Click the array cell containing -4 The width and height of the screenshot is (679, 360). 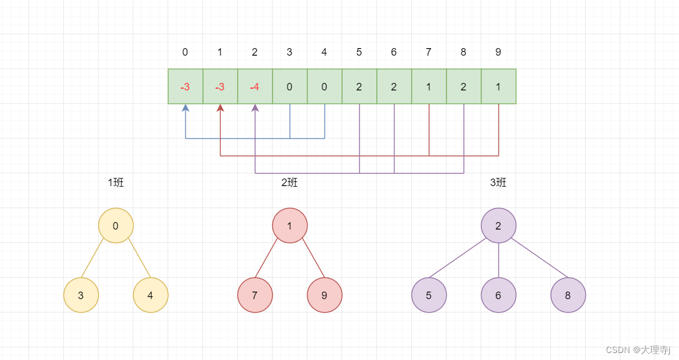click(x=255, y=87)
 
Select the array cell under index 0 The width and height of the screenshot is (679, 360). click(x=186, y=87)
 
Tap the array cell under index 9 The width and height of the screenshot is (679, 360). click(x=499, y=87)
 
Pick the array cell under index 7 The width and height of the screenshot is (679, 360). click(x=429, y=87)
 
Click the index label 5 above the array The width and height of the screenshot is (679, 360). click(x=359, y=52)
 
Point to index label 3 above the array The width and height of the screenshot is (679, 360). click(x=289, y=52)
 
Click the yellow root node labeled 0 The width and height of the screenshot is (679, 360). click(x=116, y=226)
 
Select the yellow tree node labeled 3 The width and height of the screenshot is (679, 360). click(x=81, y=295)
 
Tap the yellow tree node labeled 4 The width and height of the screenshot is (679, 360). click(x=151, y=295)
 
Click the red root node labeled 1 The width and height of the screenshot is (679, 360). click(x=290, y=226)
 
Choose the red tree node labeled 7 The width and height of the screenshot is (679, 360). click(x=255, y=295)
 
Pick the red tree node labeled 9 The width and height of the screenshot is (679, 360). click(x=325, y=295)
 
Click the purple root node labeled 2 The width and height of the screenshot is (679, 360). click(x=499, y=226)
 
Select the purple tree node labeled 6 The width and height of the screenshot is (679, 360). click(x=499, y=295)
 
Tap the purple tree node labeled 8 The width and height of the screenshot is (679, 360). click(x=568, y=295)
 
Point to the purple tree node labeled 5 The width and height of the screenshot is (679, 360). click(x=429, y=295)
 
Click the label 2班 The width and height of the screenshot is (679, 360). click(x=289, y=183)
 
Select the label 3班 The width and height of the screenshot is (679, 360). click(x=498, y=183)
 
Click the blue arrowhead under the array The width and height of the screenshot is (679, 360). click(x=186, y=108)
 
